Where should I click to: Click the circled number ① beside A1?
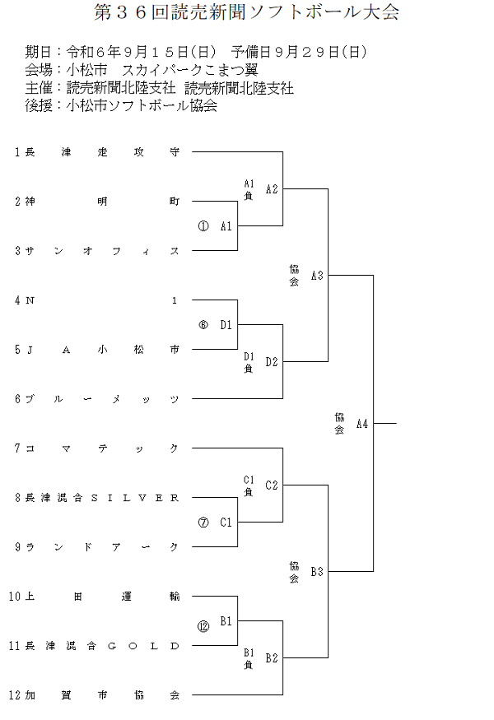coord(203,226)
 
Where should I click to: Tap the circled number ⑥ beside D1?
coord(203,325)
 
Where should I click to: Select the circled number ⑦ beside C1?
coord(203,523)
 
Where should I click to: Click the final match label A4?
coord(362,425)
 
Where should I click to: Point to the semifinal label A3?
coord(317,276)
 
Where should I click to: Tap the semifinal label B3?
coord(317,571)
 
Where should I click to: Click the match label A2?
coord(272,189)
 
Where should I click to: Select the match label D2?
coord(272,362)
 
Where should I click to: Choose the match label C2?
coord(272,485)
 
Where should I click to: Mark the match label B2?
coord(272,658)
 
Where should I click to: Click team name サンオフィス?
coord(102,251)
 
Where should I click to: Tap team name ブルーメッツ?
coord(102,399)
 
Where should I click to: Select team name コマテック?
coord(102,448)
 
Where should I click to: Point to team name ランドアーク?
coord(102,547)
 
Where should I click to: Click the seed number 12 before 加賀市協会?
coord(15,695)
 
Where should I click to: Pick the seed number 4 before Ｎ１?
coord(17,300)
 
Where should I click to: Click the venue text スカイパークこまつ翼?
coord(189,69)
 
